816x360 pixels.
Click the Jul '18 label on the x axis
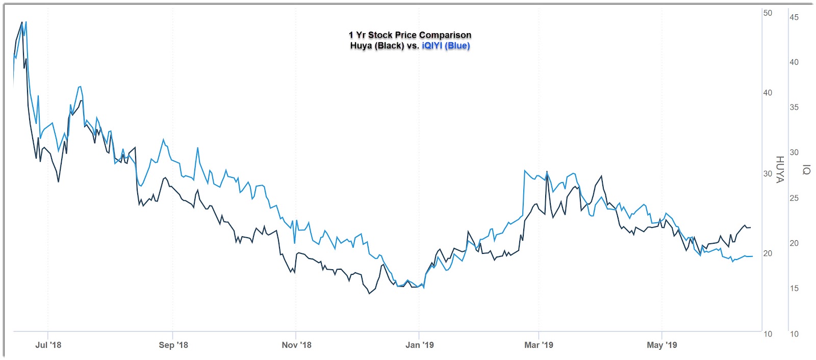pyautogui.click(x=48, y=345)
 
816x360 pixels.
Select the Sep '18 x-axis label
pyautogui.click(x=173, y=345)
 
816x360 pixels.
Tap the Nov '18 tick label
pyautogui.click(x=296, y=345)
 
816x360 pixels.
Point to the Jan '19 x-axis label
pyautogui.click(x=419, y=345)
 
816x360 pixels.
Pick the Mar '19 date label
pyautogui.click(x=539, y=345)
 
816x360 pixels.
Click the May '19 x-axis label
pyautogui.click(x=661, y=345)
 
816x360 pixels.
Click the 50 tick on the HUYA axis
pyautogui.click(x=768, y=13)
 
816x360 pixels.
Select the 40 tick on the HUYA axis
pyautogui.click(x=768, y=93)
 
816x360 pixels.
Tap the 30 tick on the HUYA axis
pyautogui.click(x=768, y=173)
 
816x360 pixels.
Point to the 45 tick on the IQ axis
pyautogui.click(x=794, y=17)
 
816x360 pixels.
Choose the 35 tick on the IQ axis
pyautogui.click(x=794, y=108)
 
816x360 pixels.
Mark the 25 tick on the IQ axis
pyautogui.click(x=794, y=198)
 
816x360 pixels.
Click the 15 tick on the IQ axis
pyautogui.click(x=794, y=289)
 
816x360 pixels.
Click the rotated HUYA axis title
pyautogui.click(x=779, y=169)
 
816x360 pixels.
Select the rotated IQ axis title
pyautogui.click(x=806, y=169)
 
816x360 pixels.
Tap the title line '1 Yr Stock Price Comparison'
pyautogui.click(x=410, y=35)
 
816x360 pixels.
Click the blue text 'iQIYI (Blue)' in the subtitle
pyautogui.click(x=446, y=46)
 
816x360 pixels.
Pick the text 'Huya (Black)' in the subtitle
pyautogui.click(x=377, y=46)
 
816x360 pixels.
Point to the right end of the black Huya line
pyautogui.click(x=750, y=227)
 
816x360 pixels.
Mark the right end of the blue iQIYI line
pyautogui.click(x=752, y=256)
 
